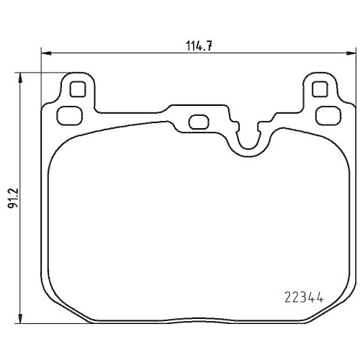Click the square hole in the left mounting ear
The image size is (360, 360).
coord(77,90)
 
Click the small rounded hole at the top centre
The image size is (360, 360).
coord(197,122)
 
